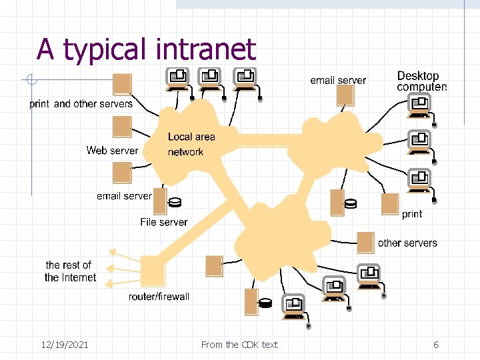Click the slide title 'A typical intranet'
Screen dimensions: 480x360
click(x=146, y=50)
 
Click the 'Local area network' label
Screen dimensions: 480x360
click(x=191, y=144)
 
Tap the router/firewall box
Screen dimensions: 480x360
click(x=153, y=271)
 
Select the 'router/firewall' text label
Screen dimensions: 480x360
click(x=159, y=296)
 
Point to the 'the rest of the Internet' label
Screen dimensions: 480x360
click(x=70, y=271)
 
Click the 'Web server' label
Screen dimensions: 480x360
click(x=113, y=150)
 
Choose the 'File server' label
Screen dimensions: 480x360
click(x=164, y=222)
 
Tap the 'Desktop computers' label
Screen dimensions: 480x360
click(x=421, y=81)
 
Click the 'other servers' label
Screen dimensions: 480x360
click(x=407, y=243)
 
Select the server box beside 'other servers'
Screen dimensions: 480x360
click(x=365, y=243)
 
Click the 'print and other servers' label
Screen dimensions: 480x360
click(x=81, y=104)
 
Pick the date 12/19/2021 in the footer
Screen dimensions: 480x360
click(x=65, y=345)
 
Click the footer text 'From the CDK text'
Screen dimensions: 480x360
click(x=239, y=345)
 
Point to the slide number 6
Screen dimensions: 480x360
click(x=436, y=345)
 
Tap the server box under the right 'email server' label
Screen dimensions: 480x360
click(x=345, y=95)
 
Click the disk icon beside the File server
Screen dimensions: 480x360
click(x=175, y=203)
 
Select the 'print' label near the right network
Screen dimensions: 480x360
click(x=412, y=214)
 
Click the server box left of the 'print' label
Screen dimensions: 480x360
click(x=390, y=204)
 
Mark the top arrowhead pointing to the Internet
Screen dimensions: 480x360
click(x=113, y=252)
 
